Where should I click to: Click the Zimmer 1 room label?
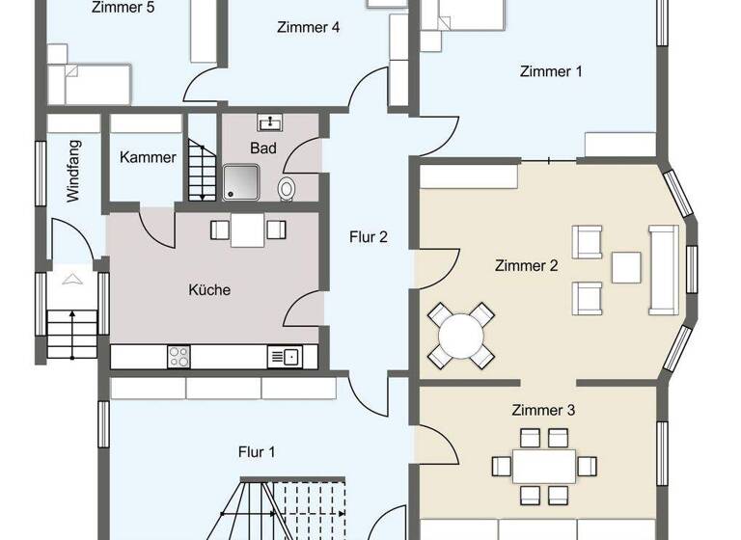point(551,71)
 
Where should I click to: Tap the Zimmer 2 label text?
point(526,266)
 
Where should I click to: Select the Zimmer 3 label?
point(543,411)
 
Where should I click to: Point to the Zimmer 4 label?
point(308,27)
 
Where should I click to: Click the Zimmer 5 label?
point(123,8)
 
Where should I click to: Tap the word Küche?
point(209,289)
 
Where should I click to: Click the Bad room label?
point(263,148)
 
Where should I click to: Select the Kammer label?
point(148,157)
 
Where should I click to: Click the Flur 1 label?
point(258,450)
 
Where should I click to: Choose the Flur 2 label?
point(369,236)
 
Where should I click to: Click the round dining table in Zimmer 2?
point(460,337)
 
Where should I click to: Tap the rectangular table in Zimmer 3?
point(543,466)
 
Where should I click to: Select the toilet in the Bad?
point(287,188)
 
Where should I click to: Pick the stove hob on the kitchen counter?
point(179,356)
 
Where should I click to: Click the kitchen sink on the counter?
point(284,357)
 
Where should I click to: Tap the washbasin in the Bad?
point(269,122)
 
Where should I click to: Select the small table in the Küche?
point(248,229)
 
